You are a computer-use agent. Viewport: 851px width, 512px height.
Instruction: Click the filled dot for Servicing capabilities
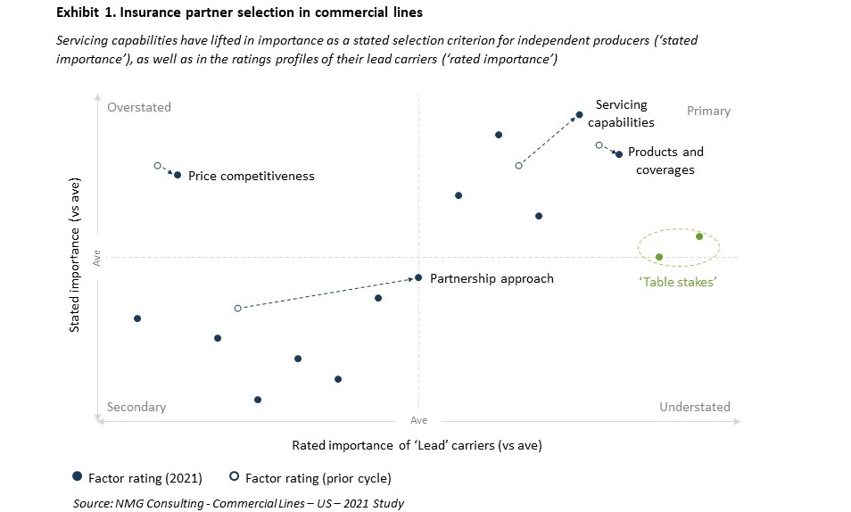pyautogui.click(x=579, y=114)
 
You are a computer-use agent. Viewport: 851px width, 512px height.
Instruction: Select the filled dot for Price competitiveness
pyautogui.click(x=178, y=175)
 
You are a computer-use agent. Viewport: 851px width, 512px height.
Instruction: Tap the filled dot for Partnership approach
pyautogui.click(x=418, y=277)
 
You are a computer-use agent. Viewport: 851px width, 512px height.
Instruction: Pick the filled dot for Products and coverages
pyautogui.click(x=619, y=154)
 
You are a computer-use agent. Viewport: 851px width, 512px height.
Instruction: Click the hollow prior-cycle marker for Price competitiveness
pyautogui.click(x=157, y=165)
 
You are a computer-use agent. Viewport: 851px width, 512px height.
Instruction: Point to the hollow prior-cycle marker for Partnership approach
pyautogui.click(x=237, y=308)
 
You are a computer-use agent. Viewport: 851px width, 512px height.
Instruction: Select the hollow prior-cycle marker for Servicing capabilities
pyautogui.click(x=518, y=165)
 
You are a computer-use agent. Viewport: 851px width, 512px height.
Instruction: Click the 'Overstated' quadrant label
pyautogui.click(x=138, y=108)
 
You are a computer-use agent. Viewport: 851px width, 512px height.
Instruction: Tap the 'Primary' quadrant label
pyautogui.click(x=708, y=111)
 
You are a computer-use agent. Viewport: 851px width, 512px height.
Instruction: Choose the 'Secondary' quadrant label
pyautogui.click(x=136, y=407)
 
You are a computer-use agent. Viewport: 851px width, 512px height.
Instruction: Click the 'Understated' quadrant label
pyautogui.click(x=694, y=407)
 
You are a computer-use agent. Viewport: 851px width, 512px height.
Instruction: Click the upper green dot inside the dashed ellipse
pyautogui.click(x=699, y=236)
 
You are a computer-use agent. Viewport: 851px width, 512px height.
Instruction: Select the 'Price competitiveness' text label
pyautogui.click(x=252, y=176)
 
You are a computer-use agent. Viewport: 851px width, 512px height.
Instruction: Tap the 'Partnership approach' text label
pyautogui.click(x=492, y=278)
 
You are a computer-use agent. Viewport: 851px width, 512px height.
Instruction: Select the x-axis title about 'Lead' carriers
pyautogui.click(x=417, y=444)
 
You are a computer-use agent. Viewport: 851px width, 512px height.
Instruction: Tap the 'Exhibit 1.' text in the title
pyautogui.click(x=82, y=14)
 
